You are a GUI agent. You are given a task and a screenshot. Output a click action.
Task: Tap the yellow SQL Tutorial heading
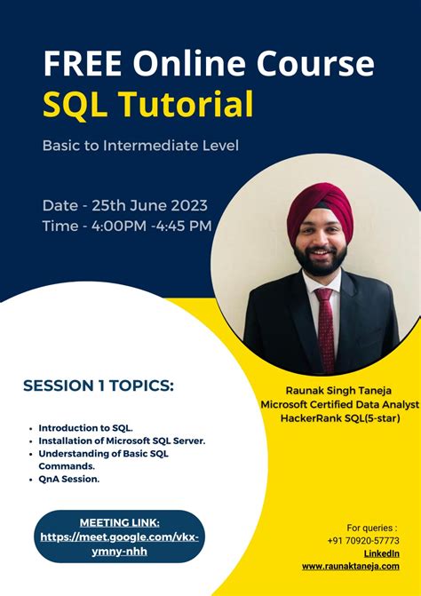pyautogui.click(x=148, y=105)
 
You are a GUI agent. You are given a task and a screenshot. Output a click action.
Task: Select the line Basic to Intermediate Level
pyautogui.click(x=140, y=144)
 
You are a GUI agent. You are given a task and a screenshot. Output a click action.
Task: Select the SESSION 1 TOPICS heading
pyautogui.click(x=99, y=385)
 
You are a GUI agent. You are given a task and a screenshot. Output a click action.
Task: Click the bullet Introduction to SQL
pyautogui.click(x=86, y=427)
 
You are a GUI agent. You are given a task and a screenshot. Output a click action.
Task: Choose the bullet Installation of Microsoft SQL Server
pyautogui.click(x=122, y=440)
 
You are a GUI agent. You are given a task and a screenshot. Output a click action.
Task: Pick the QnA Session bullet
pyautogui.click(x=69, y=479)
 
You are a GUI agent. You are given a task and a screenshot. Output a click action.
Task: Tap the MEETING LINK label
pyautogui.click(x=120, y=522)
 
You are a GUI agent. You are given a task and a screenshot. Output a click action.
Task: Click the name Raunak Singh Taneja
pyautogui.click(x=338, y=389)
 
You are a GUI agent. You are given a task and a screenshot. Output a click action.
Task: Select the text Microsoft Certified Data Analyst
pyautogui.click(x=338, y=403)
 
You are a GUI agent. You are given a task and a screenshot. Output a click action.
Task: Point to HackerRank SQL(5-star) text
pyautogui.click(x=338, y=417)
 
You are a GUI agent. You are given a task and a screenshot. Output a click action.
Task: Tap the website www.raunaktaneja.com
pyautogui.click(x=350, y=565)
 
